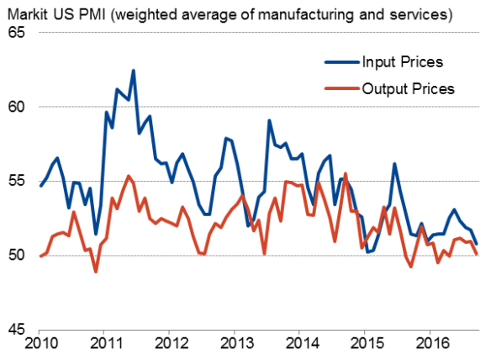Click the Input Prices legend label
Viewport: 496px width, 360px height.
click(402, 62)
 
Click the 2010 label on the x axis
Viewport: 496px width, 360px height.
click(40, 345)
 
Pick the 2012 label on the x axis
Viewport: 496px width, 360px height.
click(171, 345)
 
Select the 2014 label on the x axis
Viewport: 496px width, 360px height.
click(301, 345)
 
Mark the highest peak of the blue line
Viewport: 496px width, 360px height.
click(133, 71)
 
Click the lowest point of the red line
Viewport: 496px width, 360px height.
click(96, 271)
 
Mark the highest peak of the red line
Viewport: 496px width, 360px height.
click(346, 174)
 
